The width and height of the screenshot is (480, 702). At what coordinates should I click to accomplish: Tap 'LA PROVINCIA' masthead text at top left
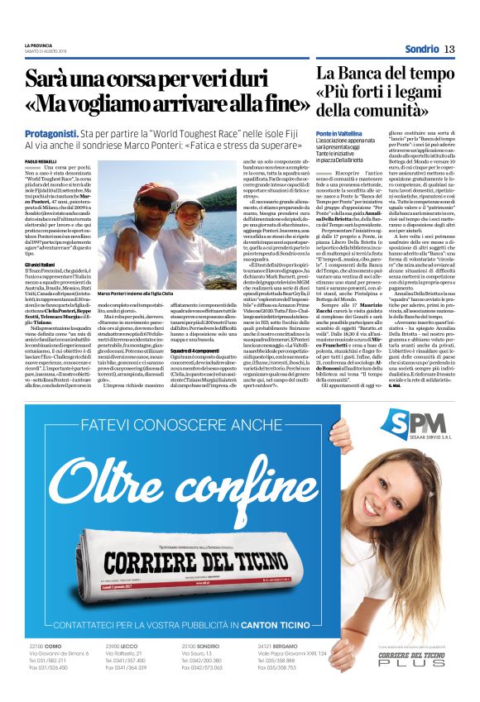pos(39,45)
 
